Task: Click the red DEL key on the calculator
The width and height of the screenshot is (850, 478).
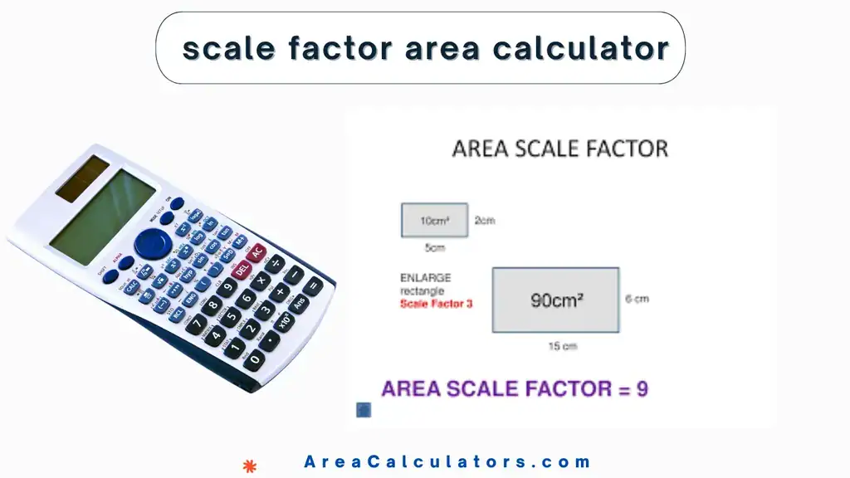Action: point(242,269)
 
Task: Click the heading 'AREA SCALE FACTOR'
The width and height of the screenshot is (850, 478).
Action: point(559,149)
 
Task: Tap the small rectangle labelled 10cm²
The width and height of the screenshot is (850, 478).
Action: point(434,221)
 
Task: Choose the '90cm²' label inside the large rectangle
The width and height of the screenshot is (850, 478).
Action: point(555,300)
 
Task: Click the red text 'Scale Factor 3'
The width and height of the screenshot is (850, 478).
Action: point(436,304)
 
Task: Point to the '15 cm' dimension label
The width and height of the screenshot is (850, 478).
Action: point(563,346)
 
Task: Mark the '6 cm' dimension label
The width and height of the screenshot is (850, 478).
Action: point(637,299)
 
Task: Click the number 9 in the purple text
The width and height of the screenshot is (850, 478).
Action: point(642,388)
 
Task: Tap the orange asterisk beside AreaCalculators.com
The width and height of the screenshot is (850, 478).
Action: point(248,465)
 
